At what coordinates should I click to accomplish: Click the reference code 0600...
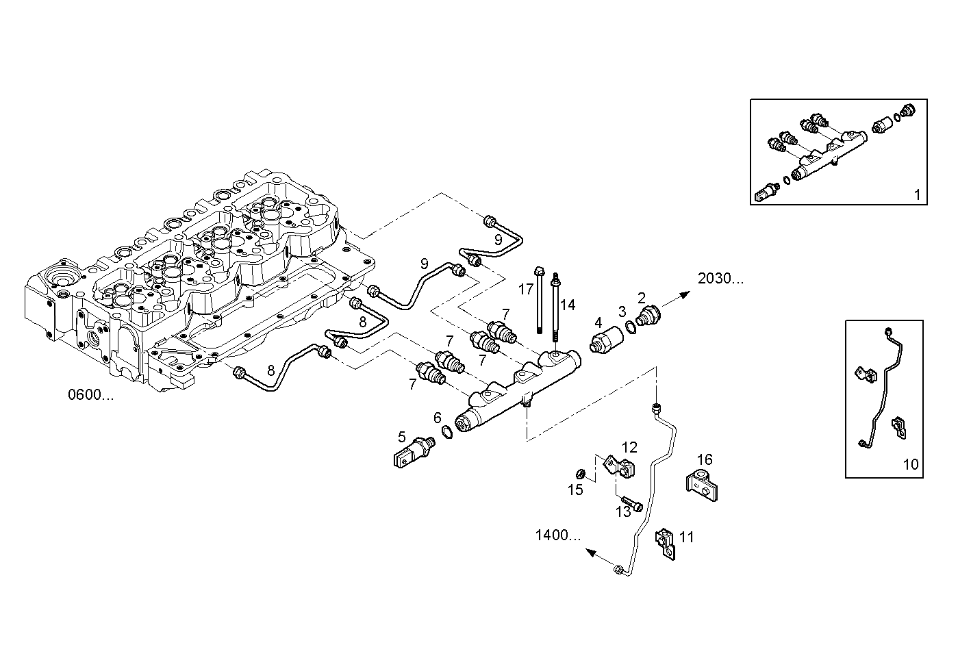click(90, 395)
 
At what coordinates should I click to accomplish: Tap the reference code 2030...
click(720, 279)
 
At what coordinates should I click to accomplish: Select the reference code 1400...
click(557, 535)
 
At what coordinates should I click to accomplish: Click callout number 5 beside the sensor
click(403, 436)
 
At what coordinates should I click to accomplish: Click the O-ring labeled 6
click(446, 433)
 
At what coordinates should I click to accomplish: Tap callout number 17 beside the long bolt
click(525, 290)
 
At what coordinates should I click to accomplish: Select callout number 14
click(568, 305)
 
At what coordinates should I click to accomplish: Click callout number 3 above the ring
click(622, 312)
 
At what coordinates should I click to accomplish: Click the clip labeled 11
click(665, 542)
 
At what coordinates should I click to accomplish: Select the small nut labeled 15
click(579, 474)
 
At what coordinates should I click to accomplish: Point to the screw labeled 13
click(632, 505)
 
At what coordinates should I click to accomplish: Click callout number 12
click(629, 448)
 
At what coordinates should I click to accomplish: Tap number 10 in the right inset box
click(910, 464)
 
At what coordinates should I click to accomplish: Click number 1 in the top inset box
click(917, 194)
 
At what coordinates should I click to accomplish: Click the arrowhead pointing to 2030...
click(685, 292)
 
